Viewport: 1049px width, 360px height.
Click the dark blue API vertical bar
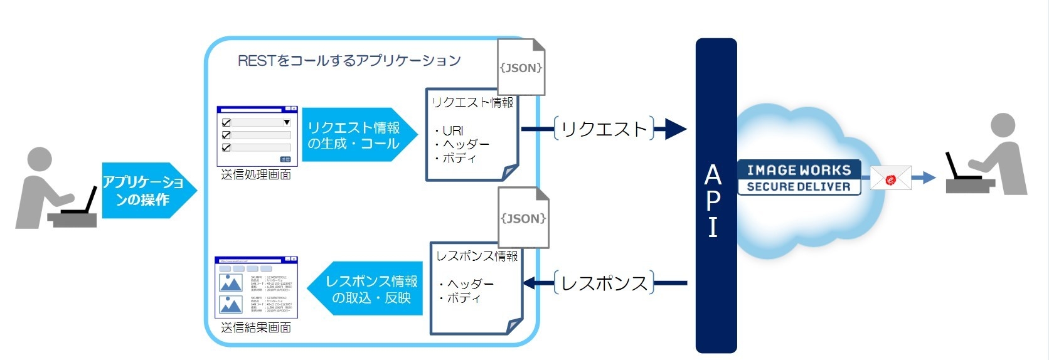click(x=716, y=196)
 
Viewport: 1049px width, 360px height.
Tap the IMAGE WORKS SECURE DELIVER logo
click(x=799, y=178)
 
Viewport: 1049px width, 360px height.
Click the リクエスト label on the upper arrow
click(x=604, y=129)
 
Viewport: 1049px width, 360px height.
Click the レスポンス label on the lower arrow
click(x=604, y=283)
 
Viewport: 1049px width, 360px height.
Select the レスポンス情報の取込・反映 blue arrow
click(x=366, y=289)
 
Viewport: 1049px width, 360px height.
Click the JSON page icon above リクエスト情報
click(x=521, y=67)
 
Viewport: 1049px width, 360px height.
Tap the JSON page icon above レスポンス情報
click(x=523, y=218)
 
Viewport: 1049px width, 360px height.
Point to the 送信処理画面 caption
click(x=256, y=175)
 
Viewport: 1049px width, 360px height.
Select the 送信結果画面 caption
click(x=256, y=327)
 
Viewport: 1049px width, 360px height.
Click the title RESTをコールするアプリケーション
click(x=349, y=61)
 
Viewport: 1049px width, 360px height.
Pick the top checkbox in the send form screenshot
click(x=226, y=123)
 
